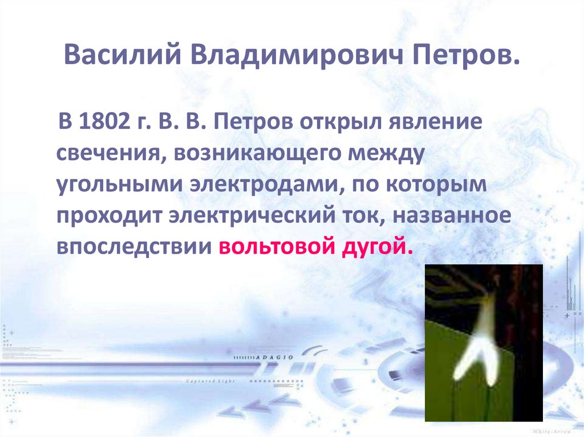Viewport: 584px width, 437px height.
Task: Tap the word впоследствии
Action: coord(134,249)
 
